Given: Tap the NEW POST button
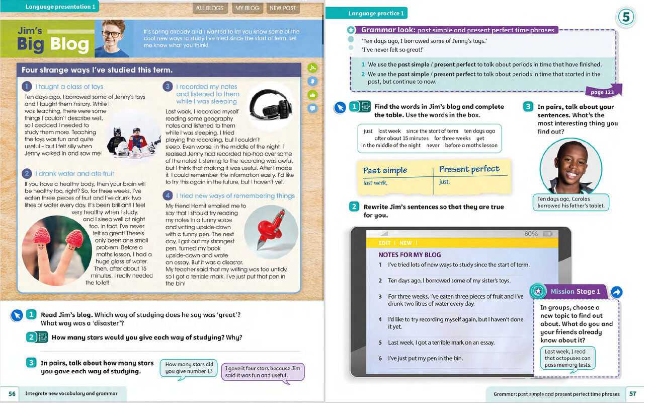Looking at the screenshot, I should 283,8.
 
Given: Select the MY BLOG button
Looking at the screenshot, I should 248,8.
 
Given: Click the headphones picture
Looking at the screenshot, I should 270,102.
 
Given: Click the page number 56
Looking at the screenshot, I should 12,393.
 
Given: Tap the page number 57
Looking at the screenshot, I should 633,394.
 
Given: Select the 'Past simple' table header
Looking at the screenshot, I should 385,170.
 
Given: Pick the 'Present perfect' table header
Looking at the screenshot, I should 469,169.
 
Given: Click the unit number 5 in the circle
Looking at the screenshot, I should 625,18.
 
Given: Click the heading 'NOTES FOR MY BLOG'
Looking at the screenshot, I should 410,254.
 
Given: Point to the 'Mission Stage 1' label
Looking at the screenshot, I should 575,291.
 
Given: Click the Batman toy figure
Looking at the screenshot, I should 118,139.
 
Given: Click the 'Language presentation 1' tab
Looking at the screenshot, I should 59,7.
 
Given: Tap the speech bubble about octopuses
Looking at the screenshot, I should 568,358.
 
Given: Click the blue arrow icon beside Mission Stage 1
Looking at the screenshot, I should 616,292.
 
